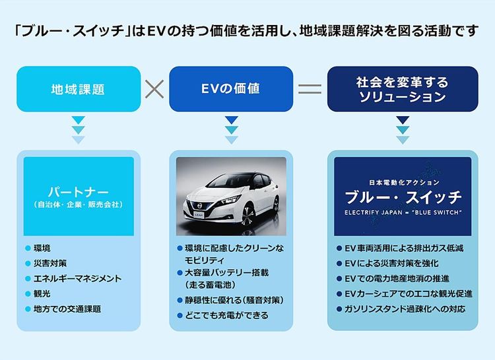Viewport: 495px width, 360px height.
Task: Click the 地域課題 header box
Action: pyautogui.click(x=79, y=89)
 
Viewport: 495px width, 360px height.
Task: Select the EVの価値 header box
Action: pyautogui.click(x=231, y=89)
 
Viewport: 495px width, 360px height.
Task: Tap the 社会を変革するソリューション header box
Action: pyautogui.click(x=403, y=89)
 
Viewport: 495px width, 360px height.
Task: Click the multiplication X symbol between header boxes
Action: pyautogui.click(x=154, y=89)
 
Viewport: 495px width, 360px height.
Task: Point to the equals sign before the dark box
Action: pyautogui.click(x=310, y=89)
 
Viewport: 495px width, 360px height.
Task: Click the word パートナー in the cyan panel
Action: pyautogui.click(x=79, y=192)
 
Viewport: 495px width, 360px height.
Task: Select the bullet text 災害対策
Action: pyautogui.click(x=50, y=263)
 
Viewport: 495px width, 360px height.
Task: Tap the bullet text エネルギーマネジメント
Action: pyautogui.click(x=77, y=278)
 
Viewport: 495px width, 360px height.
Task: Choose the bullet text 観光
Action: pyautogui.click(x=42, y=293)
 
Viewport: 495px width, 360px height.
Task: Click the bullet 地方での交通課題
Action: pyautogui.click(x=67, y=309)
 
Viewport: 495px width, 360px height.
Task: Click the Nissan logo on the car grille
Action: pyautogui.click(x=199, y=206)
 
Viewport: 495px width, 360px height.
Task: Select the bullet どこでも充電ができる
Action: pyautogui.click(x=226, y=315)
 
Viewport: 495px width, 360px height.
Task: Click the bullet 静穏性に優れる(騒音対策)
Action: pyautogui.click(x=234, y=300)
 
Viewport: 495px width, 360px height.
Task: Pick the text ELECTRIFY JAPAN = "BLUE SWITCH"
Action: pyautogui.click(x=403, y=212)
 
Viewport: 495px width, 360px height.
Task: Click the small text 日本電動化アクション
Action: pyautogui.click(x=404, y=183)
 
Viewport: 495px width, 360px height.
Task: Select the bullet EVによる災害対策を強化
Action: pyautogui.click(x=391, y=263)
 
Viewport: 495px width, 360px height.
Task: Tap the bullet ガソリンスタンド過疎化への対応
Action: pyautogui.click(x=405, y=309)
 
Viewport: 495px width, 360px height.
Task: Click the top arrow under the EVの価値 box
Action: pyautogui.click(x=232, y=120)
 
